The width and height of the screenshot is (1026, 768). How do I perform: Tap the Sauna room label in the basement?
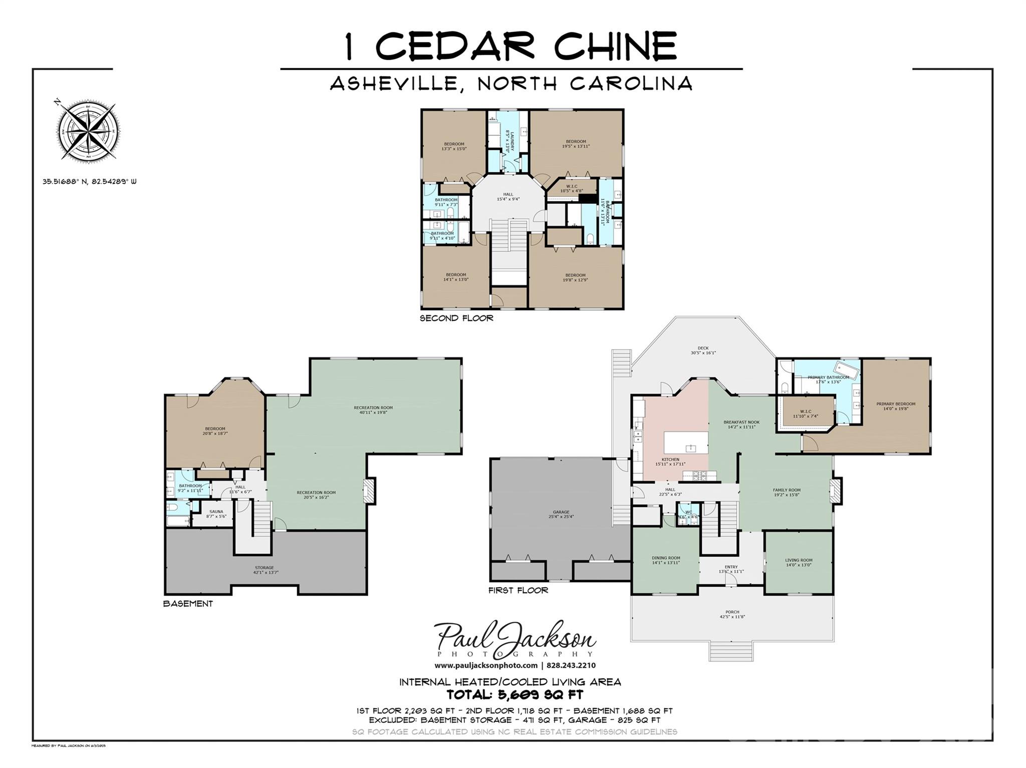(x=216, y=514)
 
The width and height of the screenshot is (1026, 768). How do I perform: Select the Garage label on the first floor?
(x=561, y=514)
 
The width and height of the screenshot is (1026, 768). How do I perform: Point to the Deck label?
(x=703, y=350)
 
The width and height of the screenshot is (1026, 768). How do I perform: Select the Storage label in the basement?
(x=265, y=570)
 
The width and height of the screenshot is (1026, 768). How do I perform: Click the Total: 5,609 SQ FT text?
(x=515, y=695)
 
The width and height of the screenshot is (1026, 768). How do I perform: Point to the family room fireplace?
(x=835, y=490)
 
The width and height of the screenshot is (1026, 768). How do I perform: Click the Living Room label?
(x=799, y=563)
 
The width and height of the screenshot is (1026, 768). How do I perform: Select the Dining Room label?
(x=666, y=560)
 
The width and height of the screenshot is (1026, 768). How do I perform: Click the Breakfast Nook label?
(x=741, y=424)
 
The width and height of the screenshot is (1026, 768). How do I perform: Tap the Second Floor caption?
(x=456, y=318)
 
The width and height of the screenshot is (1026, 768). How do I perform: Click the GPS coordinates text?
(x=89, y=182)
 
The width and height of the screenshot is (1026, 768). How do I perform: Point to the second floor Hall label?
(x=508, y=196)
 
